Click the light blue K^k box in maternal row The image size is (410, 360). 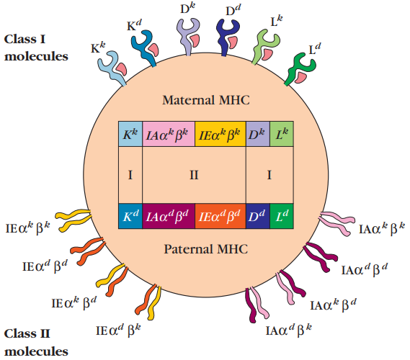[x=130, y=134]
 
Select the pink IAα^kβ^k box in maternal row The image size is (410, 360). [x=169, y=134]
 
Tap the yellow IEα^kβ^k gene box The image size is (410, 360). [x=220, y=134]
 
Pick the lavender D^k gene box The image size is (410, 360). [x=258, y=134]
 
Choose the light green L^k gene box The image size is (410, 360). [x=282, y=134]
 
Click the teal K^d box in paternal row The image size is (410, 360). [x=130, y=216]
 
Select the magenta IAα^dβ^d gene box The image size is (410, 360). [x=169, y=216]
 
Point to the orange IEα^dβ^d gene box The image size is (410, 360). [x=220, y=216]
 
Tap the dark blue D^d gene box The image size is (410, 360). [x=258, y=216]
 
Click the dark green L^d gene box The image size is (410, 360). [x=282, y=216]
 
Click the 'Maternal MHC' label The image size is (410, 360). [x=206, y=100]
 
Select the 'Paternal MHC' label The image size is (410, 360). [x=206, y=249]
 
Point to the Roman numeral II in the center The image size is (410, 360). [x=194, y=175]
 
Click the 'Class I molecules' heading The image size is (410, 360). [x=36, y=48]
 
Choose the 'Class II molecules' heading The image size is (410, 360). [x=36, y=343]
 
